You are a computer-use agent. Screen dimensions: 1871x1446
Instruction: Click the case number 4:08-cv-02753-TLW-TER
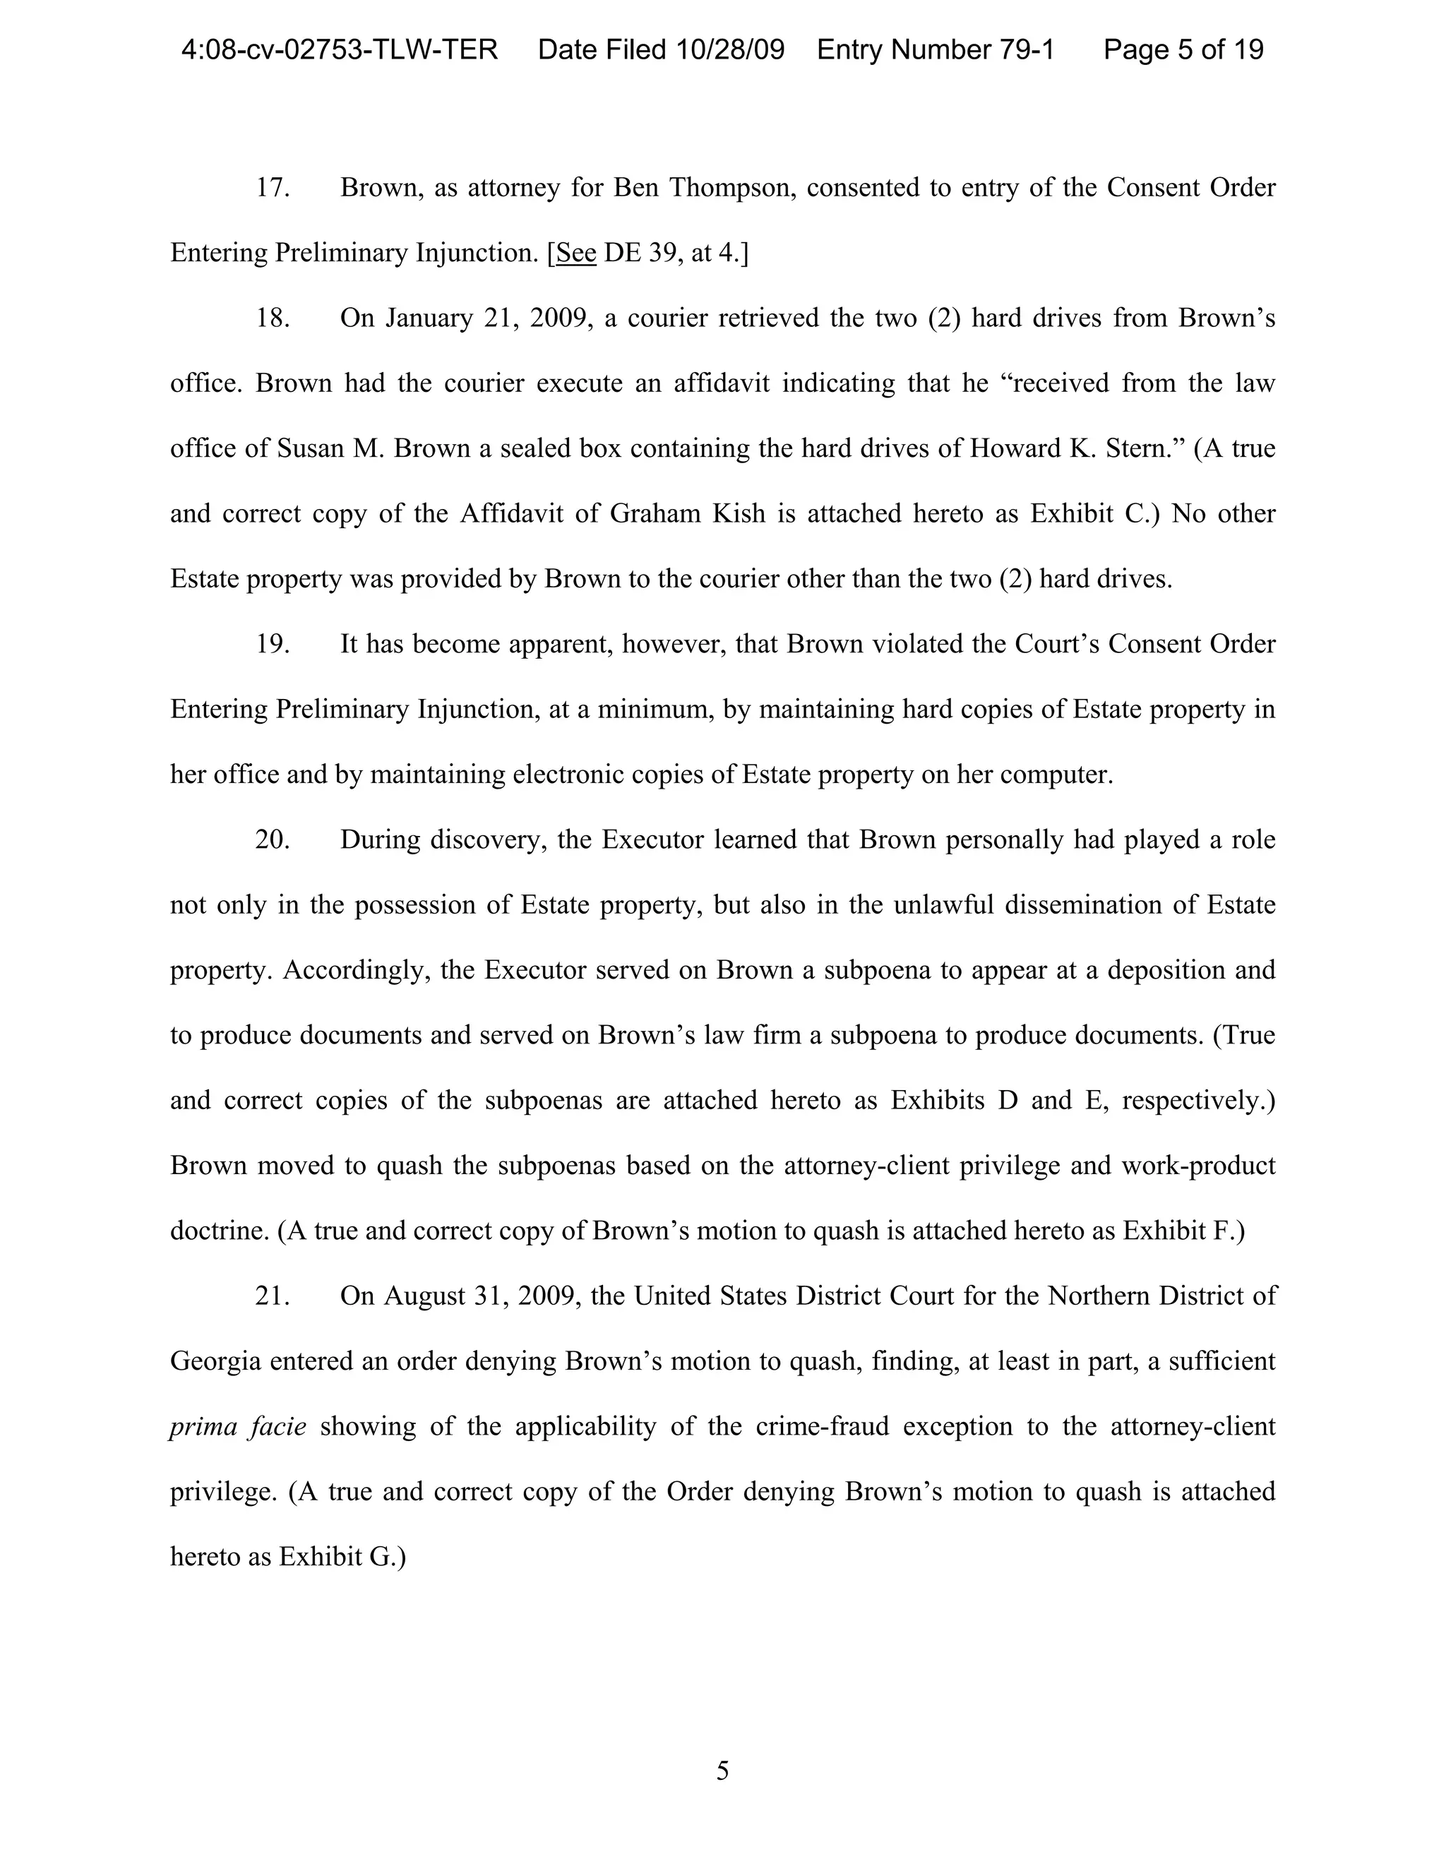(339, 49)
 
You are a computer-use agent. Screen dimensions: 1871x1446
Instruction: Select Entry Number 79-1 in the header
(936, 49)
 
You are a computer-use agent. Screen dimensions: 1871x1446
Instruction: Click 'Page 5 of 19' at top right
(1183, 49)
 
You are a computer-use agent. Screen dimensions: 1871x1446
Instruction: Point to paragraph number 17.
(273, 188)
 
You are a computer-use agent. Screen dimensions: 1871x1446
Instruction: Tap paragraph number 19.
(273, 644)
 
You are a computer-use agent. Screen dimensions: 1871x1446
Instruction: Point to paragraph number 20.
(273, 839)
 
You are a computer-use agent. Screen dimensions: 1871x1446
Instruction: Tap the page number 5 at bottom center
(722, 1771)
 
